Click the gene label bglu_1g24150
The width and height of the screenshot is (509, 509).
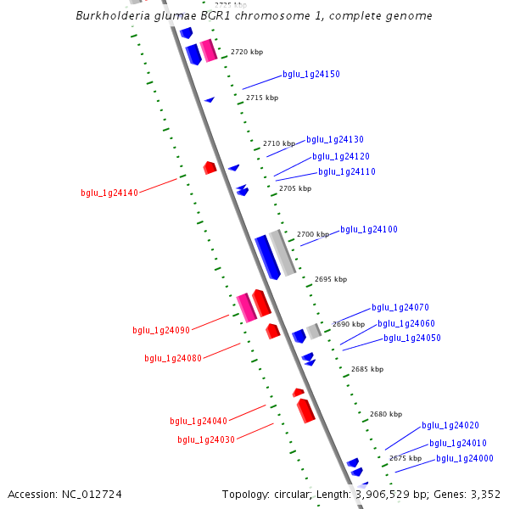(x=311, y=75)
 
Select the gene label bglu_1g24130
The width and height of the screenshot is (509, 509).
(x=335, y=140)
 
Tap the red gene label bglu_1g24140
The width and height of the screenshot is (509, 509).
(x=109, y=193)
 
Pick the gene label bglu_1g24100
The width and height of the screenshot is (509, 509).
(x=369, y=230)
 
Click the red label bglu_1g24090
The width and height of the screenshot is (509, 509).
(x=161, y=330)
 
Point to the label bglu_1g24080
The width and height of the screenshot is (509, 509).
(x=173, y=359)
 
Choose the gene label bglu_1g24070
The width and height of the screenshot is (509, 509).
(x=400, y=308)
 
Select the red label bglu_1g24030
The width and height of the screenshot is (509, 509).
(x=206, y=439)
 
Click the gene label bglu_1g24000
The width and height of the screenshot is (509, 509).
(x=465, y=459)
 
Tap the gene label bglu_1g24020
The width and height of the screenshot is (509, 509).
(x=450, y=426)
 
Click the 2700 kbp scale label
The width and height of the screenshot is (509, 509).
(x=312, y=234)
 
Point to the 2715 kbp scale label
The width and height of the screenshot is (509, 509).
(x=262, y=98)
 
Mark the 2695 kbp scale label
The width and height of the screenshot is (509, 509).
(x=331, y=279)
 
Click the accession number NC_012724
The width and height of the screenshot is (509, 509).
(x=92, y=494)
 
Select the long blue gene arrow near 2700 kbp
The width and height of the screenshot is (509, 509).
(x=267, y=256)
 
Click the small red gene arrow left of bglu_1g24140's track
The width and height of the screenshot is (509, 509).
(x=210, y=168)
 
